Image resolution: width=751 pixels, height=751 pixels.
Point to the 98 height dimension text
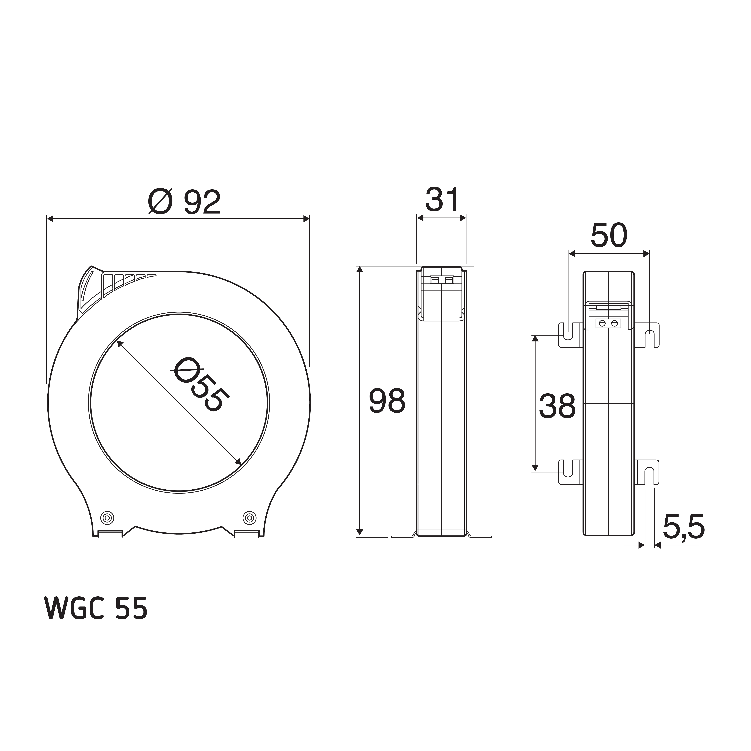click(387, 401)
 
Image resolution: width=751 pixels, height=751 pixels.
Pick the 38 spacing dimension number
click(557, 406)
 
